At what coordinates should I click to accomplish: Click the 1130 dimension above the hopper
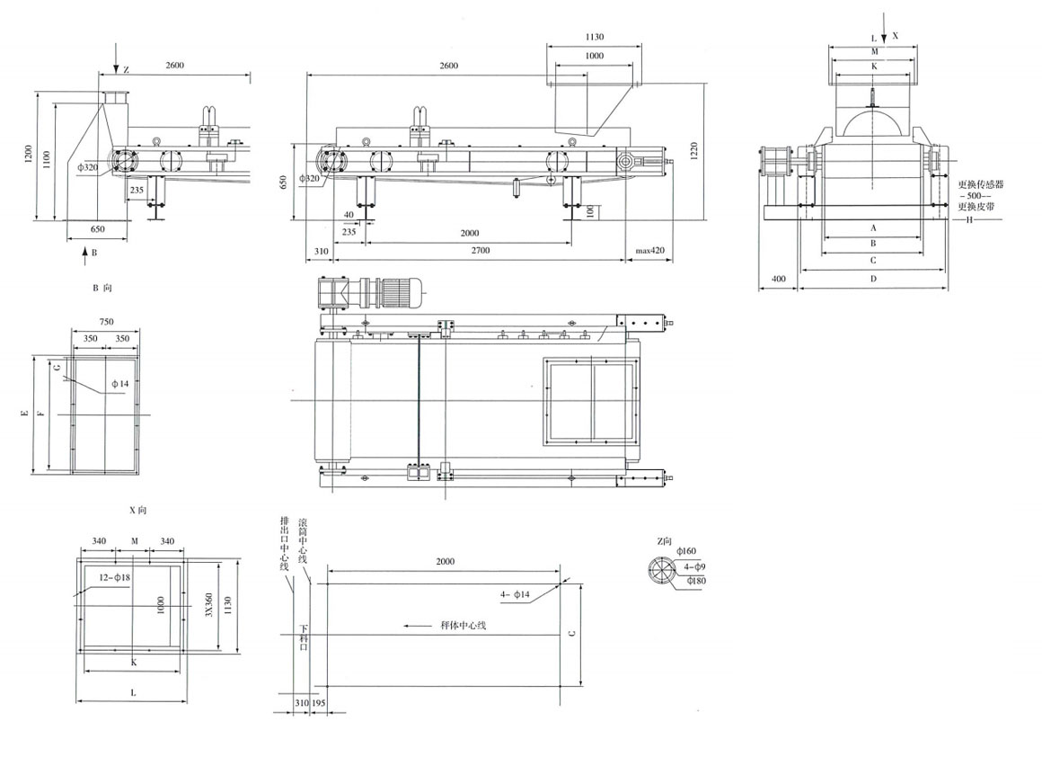594,38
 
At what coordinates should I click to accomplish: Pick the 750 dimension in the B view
106,322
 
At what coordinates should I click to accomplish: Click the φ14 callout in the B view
120,384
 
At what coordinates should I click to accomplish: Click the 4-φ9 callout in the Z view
694,566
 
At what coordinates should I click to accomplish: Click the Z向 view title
665,540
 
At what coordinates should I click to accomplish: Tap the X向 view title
137,510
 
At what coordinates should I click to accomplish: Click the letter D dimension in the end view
873,280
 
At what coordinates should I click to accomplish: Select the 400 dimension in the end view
778,280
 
